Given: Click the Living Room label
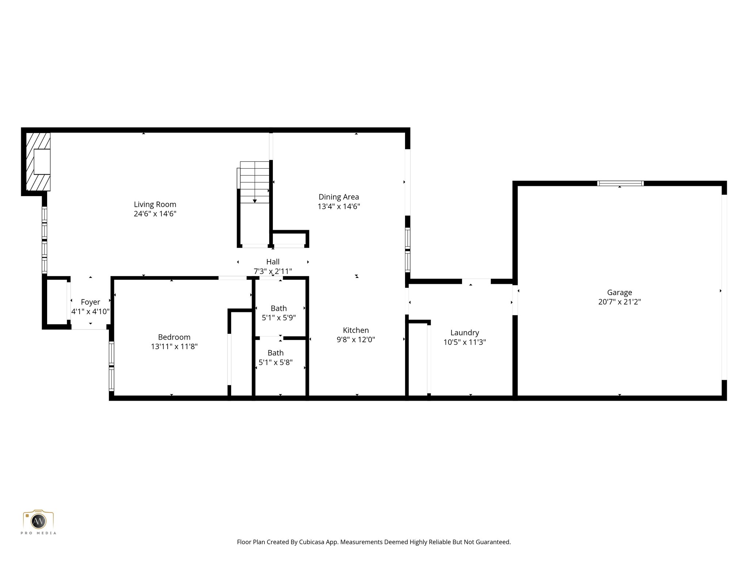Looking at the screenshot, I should (155, 205).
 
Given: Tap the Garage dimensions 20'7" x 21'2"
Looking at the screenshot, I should (619, 302).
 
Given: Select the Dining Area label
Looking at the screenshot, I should (339, 197).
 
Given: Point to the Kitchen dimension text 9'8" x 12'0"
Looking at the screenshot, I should (356, 340).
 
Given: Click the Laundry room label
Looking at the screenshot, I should (465, 333).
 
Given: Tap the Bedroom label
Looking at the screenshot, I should (174, 337).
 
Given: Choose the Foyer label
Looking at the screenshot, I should (90, 302).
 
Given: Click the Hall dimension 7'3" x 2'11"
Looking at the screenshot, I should (273, 271).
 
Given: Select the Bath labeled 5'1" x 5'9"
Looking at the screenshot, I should (279, 309).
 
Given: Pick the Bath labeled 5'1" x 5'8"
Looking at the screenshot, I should (275, 353).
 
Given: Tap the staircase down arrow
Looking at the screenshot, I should (255, 201).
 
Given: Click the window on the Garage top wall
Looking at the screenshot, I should (620, 183).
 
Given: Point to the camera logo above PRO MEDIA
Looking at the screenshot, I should (38, 520).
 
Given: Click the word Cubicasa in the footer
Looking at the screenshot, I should (312, 542).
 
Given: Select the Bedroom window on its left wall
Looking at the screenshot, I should (112, 366).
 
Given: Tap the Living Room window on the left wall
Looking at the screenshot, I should (45, 240).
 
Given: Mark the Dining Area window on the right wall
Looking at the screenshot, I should (408, 250).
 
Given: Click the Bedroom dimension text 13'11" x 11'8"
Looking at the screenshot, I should (174, 347).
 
